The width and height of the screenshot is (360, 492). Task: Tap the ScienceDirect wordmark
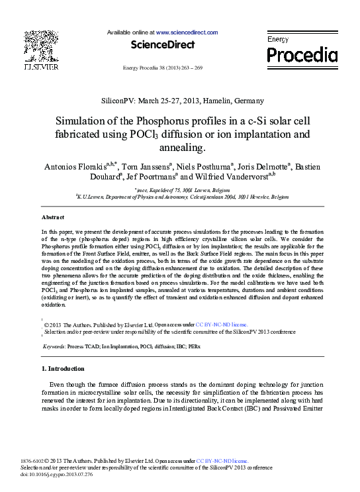tap(163, 45)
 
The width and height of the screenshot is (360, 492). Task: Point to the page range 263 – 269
tap(189, 68)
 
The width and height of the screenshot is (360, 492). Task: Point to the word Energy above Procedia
tap(278, 40)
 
